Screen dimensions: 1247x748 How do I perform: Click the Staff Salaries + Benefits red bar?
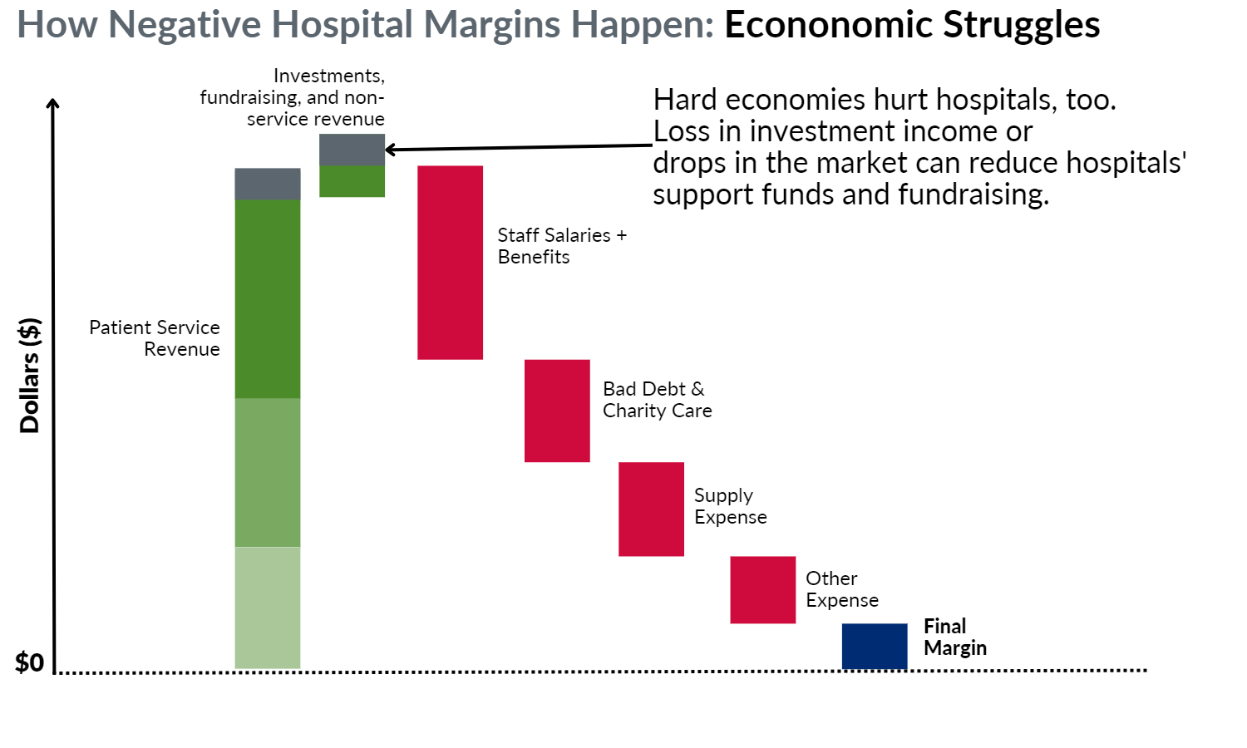[x=451, y=263]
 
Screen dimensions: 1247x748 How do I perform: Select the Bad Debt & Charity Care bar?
[x=557, y=411]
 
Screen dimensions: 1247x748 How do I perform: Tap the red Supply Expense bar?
[x=651, y=509]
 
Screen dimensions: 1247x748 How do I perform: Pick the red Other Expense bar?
[x=763, y=590]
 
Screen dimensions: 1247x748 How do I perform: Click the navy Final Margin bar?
[x=875, y=646]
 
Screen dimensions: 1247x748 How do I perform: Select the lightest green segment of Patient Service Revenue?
[x=268, y=608]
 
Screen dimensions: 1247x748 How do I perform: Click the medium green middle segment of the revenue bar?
[x=268, y=473]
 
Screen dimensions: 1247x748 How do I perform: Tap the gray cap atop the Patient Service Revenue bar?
[x=268, y=184]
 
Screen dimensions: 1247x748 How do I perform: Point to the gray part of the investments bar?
[x=352, y=150]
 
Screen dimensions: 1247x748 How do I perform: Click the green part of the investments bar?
[x=352, y=181]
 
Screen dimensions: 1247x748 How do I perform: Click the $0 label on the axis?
[x=29, y=662]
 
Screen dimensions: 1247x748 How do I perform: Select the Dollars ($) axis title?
[x=29, y=375]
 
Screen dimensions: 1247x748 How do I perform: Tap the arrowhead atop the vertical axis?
[x=53, y=104]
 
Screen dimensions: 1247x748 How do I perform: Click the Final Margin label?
[x=955, y=637]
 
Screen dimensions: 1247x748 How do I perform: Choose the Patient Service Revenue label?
[x=155, y=337]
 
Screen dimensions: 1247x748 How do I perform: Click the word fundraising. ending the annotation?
[x=973, y=195]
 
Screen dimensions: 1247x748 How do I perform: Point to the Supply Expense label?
[x=731, y=506]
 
